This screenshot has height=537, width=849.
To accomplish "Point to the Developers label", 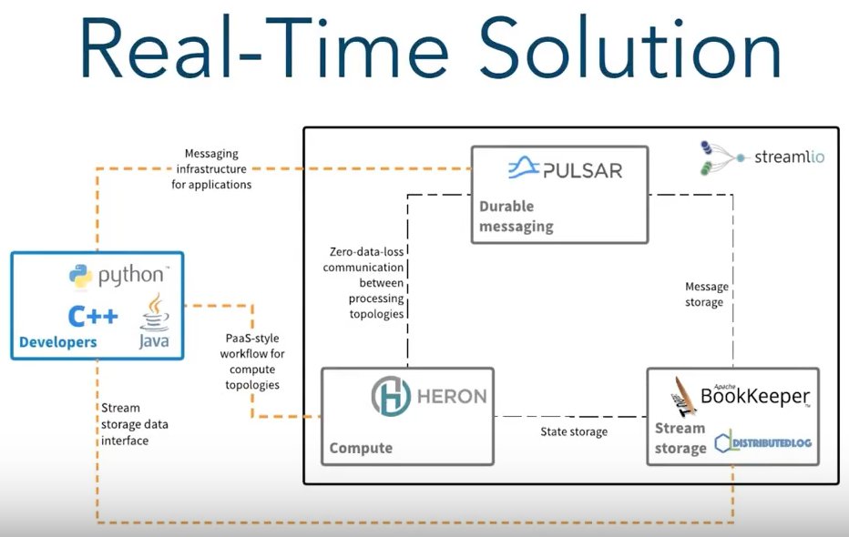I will (57, 343).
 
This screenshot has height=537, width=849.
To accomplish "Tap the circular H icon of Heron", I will (392, 397).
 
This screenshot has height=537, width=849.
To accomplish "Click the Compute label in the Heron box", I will (361, 447).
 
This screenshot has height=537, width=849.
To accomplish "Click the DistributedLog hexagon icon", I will (724, 443).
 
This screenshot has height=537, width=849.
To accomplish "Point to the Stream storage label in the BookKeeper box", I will (680, 438).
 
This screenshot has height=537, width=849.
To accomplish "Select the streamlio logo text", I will (789, 157).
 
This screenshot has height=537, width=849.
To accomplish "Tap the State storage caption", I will (574, 431).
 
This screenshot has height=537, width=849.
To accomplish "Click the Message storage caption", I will (707, 294).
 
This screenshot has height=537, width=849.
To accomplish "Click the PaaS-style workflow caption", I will (251, 360).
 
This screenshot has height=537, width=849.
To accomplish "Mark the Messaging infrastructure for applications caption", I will (211, 169).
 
